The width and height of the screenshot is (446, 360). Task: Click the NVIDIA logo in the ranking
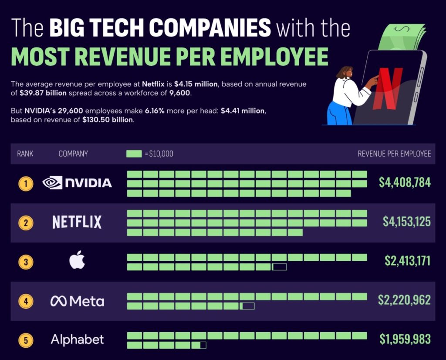coord(77,183)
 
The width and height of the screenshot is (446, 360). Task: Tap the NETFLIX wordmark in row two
coord(77,222)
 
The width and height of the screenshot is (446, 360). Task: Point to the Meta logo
coord(77,301)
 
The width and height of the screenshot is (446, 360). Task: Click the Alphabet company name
coord(77,340)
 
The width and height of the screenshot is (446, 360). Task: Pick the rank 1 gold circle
coord(26,183)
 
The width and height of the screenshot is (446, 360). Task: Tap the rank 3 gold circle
coord(26,262)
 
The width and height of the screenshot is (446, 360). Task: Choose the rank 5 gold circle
coord(26,340)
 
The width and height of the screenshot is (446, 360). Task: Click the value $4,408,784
coord(405,182)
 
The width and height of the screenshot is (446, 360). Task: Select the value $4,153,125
coord(407,222)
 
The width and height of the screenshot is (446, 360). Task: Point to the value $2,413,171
coord(408,261)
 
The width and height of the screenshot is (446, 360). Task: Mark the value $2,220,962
coord(405,300)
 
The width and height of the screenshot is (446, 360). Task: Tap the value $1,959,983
coord(405,339)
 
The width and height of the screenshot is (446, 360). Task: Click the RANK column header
coord(25,154)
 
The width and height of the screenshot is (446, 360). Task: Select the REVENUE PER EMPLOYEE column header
coord(394,154)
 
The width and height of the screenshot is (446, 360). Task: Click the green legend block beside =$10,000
coord(134,154)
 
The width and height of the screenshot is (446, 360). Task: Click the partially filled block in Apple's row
coord(279,267)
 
